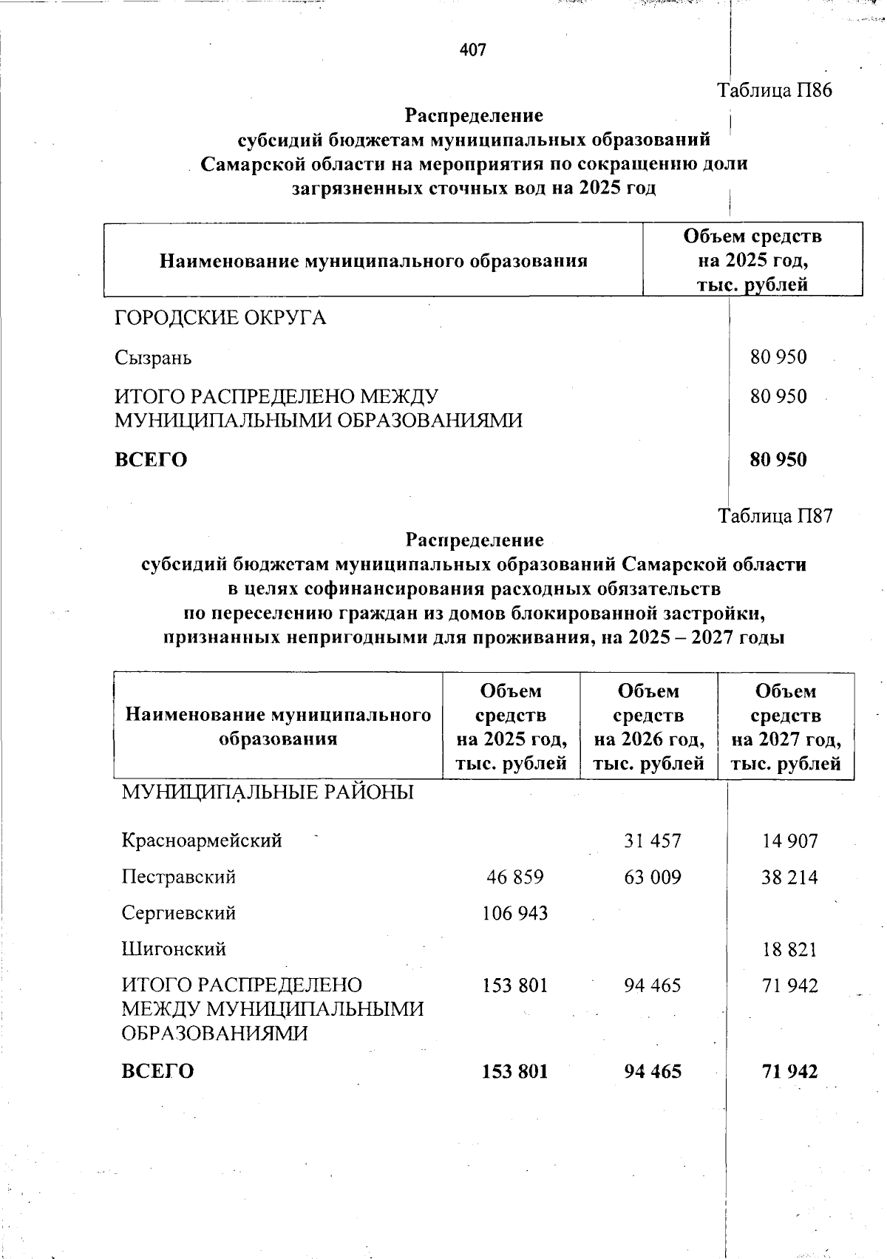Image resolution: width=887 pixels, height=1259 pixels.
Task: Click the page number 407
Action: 472,50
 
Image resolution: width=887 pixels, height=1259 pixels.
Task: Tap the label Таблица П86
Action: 775,91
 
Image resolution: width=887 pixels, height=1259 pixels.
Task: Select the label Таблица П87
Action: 775,515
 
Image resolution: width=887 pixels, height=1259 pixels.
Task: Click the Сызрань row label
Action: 153,358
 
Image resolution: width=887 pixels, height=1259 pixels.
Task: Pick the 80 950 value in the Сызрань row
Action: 778,358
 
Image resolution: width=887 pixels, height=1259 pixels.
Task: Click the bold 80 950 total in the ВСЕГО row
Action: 778,459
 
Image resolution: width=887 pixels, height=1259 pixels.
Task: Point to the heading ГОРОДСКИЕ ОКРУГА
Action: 220,319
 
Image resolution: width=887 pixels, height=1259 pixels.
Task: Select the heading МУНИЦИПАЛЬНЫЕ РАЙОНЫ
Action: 268,793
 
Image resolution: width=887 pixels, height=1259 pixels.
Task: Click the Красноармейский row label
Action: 202,841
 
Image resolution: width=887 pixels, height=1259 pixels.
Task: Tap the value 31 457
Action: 652,841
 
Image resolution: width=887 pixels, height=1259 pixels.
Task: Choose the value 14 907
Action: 789,841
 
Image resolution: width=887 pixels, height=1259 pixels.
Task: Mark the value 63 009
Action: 652,878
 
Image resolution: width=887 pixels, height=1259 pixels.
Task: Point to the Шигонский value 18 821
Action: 789,949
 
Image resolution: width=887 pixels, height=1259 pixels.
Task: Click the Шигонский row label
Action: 174,949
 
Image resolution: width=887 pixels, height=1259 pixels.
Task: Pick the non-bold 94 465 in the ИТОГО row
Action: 652,985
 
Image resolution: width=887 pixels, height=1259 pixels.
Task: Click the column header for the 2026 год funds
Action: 648,727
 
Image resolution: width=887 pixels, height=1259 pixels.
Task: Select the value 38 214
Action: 789,878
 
